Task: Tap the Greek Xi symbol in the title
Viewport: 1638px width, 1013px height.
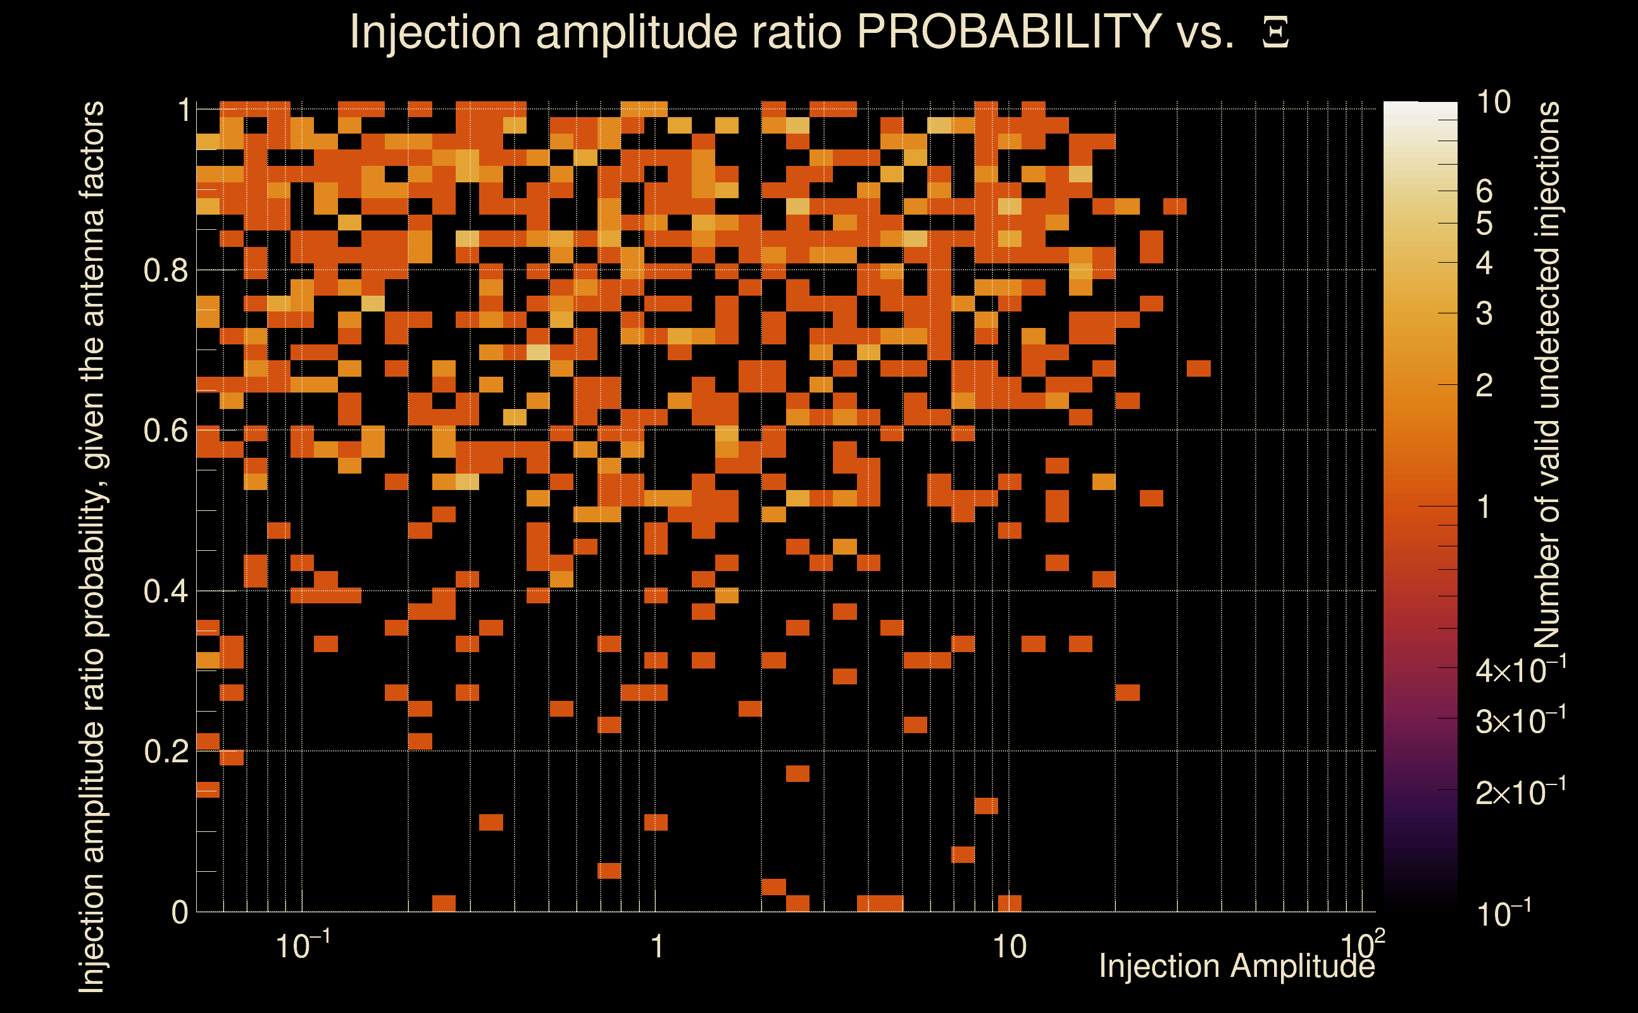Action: coord(1275,34)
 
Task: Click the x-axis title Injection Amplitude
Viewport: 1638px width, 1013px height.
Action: coord(1236,966)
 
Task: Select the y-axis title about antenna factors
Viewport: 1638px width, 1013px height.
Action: coord(92,546)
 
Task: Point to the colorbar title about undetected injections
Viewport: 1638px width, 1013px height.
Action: coord(1547,375)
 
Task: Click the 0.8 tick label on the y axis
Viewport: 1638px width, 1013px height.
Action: coord(165,272)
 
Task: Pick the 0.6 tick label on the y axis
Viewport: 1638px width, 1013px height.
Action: coord(165,431)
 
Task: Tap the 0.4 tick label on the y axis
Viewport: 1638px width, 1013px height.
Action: coord(165,591)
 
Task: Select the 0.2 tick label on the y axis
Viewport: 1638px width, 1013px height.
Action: coord(165,752)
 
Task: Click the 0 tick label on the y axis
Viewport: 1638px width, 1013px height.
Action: coord(180,912)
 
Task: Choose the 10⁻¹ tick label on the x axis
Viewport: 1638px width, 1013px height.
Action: coord(303,945)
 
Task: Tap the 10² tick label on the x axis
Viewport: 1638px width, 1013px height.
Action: coord(1362,945)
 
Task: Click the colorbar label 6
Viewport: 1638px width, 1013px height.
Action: coord(1484,192)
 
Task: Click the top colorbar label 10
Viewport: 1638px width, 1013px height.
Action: coord(1493,103)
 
